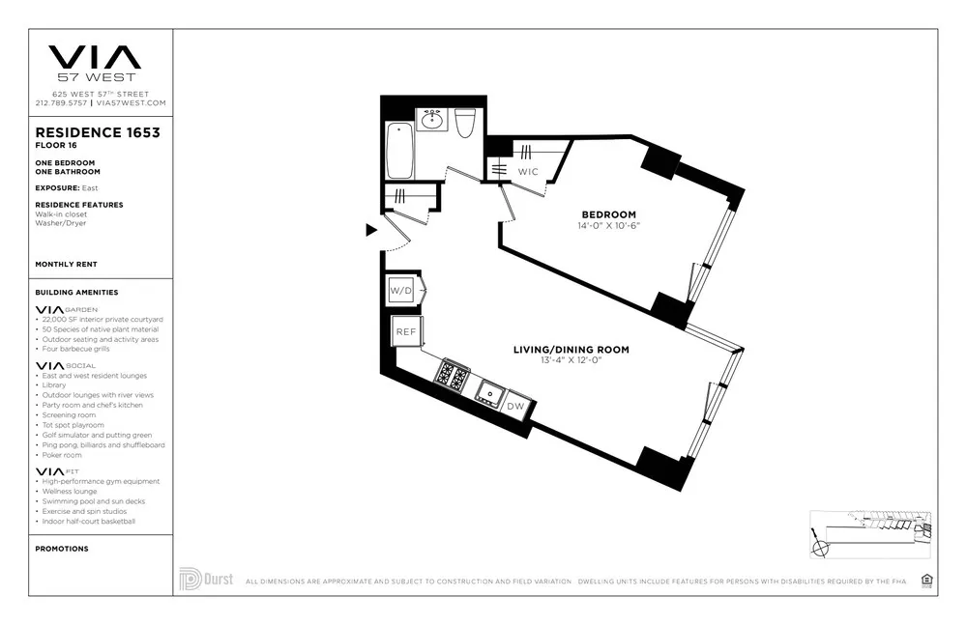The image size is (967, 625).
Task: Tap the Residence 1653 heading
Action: [98, 132]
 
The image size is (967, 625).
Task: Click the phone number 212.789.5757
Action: [62, 102]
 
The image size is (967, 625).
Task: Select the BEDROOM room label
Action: [608, 214]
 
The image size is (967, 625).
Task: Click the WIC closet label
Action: [528, 171]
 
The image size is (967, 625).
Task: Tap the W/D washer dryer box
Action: [401, 291]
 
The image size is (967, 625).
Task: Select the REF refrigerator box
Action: [404, 331]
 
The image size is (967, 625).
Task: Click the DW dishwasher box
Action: [517, 406]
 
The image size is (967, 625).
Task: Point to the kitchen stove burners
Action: [451, 375]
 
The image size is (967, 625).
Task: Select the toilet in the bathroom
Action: [465, 124]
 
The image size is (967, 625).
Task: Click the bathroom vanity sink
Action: [431, 120]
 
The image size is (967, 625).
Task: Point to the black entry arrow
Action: [370, 230]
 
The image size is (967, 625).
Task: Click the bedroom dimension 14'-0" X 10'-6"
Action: [608, 226]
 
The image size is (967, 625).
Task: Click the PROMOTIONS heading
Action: [62, 549]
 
